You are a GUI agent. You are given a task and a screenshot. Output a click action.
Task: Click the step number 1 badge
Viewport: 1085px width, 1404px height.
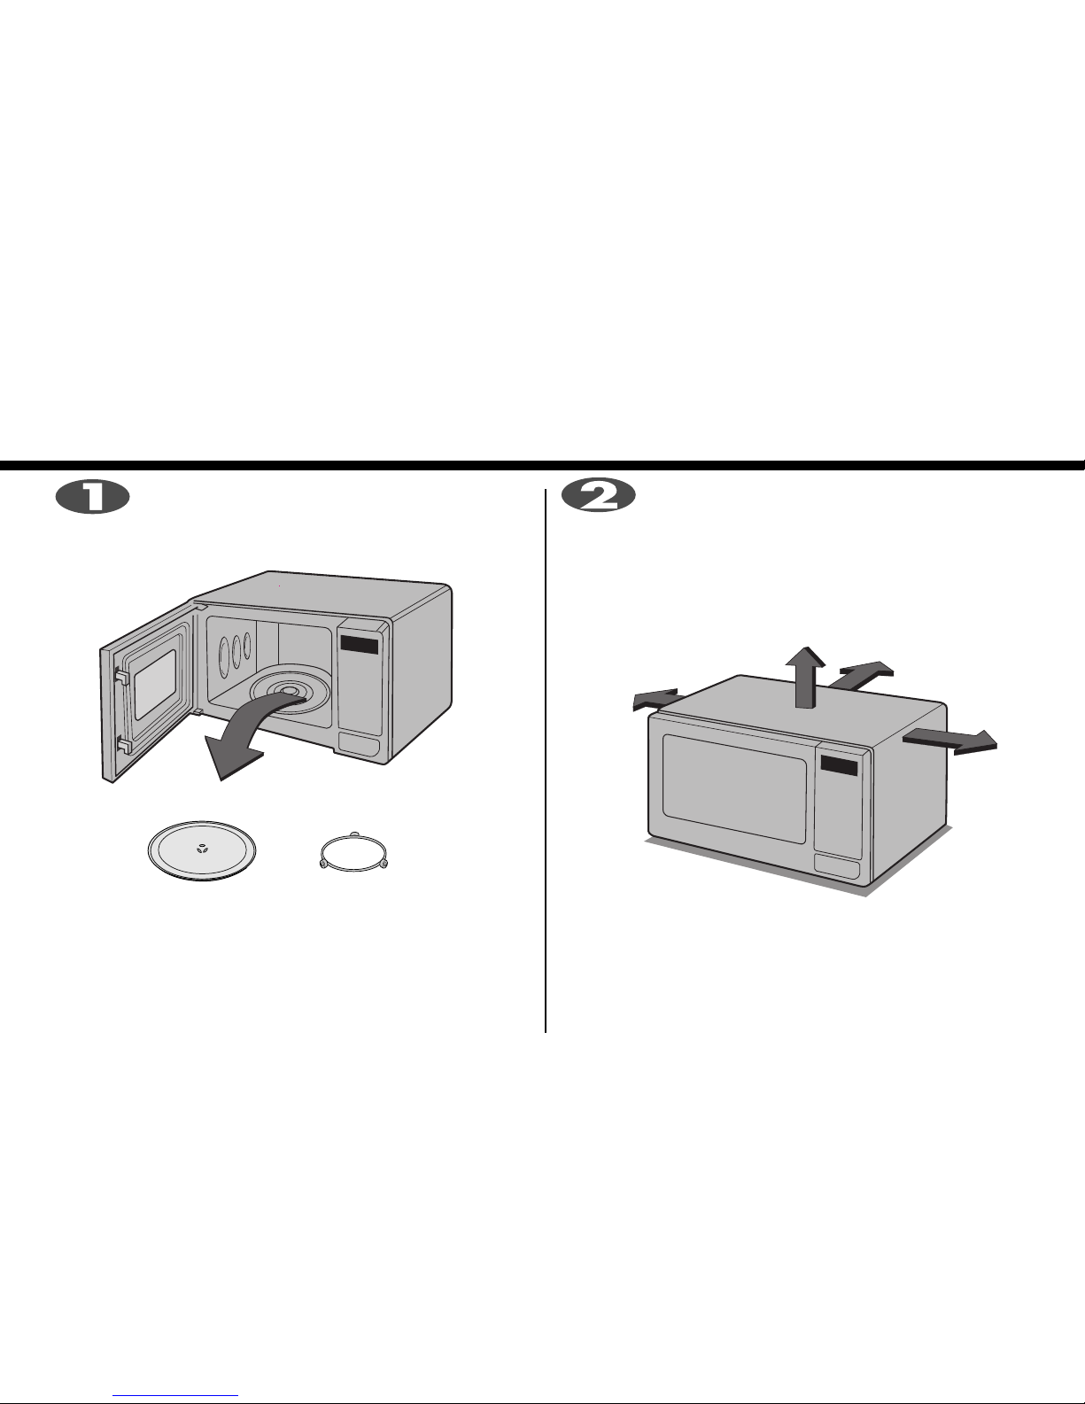pos(92,497)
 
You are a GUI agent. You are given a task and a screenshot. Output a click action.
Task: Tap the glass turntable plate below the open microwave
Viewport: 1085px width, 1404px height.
pos(202,850)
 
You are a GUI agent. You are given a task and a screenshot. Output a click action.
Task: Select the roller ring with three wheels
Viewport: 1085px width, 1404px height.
pos(354,851)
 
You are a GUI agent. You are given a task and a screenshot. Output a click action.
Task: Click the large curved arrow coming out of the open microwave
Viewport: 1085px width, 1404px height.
pos(252,730)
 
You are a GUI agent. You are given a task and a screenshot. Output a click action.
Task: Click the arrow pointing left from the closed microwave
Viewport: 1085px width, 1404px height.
pos(655,699)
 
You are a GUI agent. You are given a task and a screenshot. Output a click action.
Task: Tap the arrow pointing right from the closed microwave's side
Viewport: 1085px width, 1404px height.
pos(950,741)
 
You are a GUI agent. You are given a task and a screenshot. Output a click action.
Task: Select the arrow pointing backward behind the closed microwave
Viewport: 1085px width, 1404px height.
pos(861,674)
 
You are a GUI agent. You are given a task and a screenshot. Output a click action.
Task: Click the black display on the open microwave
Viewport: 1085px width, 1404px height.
pos(359,644)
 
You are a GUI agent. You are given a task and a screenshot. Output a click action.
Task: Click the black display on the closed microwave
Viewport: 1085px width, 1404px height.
pos(839,765)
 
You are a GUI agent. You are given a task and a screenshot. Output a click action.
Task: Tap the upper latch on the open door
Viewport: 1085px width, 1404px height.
pos(121,675)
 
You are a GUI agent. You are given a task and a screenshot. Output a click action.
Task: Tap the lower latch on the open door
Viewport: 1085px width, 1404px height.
pos(123,746)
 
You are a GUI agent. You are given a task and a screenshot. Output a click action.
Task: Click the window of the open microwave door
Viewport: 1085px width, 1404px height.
pos(154,684)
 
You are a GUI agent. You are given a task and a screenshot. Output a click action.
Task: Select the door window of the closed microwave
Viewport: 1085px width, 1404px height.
pos(735,788)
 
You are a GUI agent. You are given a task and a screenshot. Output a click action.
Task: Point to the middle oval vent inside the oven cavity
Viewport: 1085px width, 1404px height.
pos(236,651)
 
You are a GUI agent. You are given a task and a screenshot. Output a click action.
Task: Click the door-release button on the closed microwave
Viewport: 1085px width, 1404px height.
pos(837,865)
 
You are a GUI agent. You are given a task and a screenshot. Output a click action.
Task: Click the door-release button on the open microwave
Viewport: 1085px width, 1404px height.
pos(359,744)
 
